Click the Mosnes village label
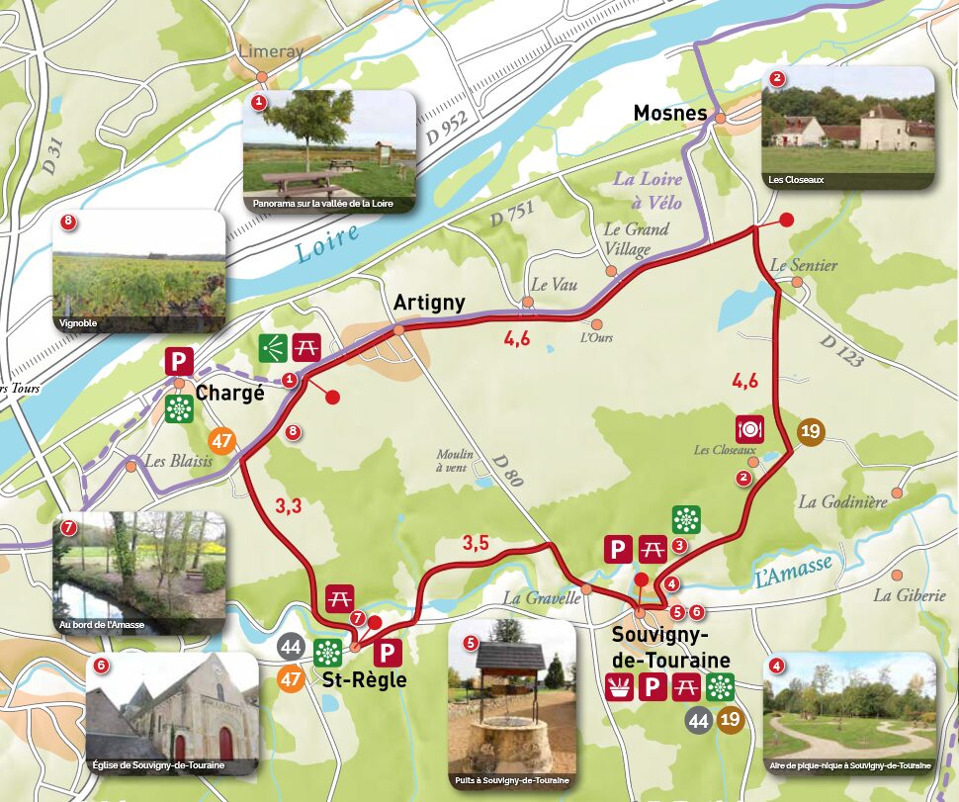[x=670, y=114]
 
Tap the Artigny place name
[x=428, y=303]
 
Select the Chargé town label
[x=231, y=393]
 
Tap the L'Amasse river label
[x=794, y=572]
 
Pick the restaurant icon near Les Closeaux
[x=750, y=429]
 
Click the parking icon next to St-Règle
[x=388, y=652]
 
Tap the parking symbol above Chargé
[x=179, y=362]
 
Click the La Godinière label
[x=841, y=502]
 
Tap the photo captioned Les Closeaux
[x=848, y=128]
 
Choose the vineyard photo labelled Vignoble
[x=138, y=271]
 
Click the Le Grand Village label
[x=636, y=239]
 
